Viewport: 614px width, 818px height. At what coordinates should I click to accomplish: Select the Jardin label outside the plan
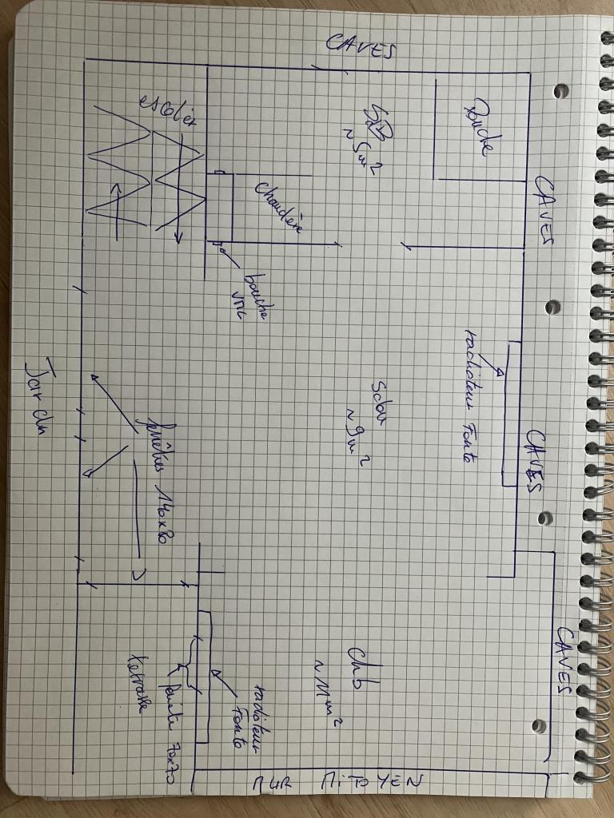pos(38,392)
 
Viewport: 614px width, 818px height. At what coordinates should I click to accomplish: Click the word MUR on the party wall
pos(272,786)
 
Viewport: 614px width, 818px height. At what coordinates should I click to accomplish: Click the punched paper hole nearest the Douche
pos(561,89)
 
